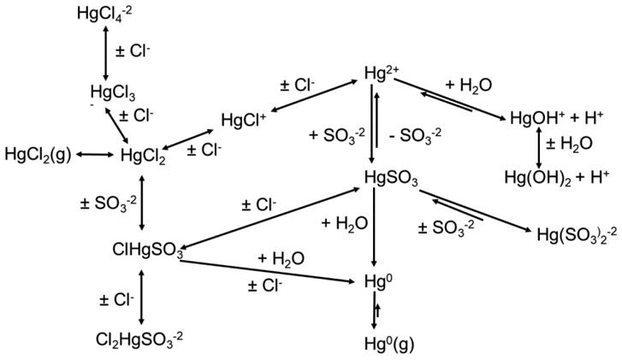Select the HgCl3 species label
click(x=112, y=91)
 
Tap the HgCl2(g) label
click(x=38, y=154)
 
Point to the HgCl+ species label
click(x=244, y=121)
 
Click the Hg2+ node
click(x=377, y=75)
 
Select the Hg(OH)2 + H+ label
click(x=555, y=177)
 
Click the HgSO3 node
click(x=390, y=178)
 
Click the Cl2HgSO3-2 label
click(x=139, y=339)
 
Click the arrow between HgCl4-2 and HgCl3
click(x=104, y=51)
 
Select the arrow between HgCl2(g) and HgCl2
click(x=95, y=155)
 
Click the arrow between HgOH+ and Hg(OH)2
click(x=538, y=148)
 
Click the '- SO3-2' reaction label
click(x=415, y=134)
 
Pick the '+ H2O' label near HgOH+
click(x=468, y=84)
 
